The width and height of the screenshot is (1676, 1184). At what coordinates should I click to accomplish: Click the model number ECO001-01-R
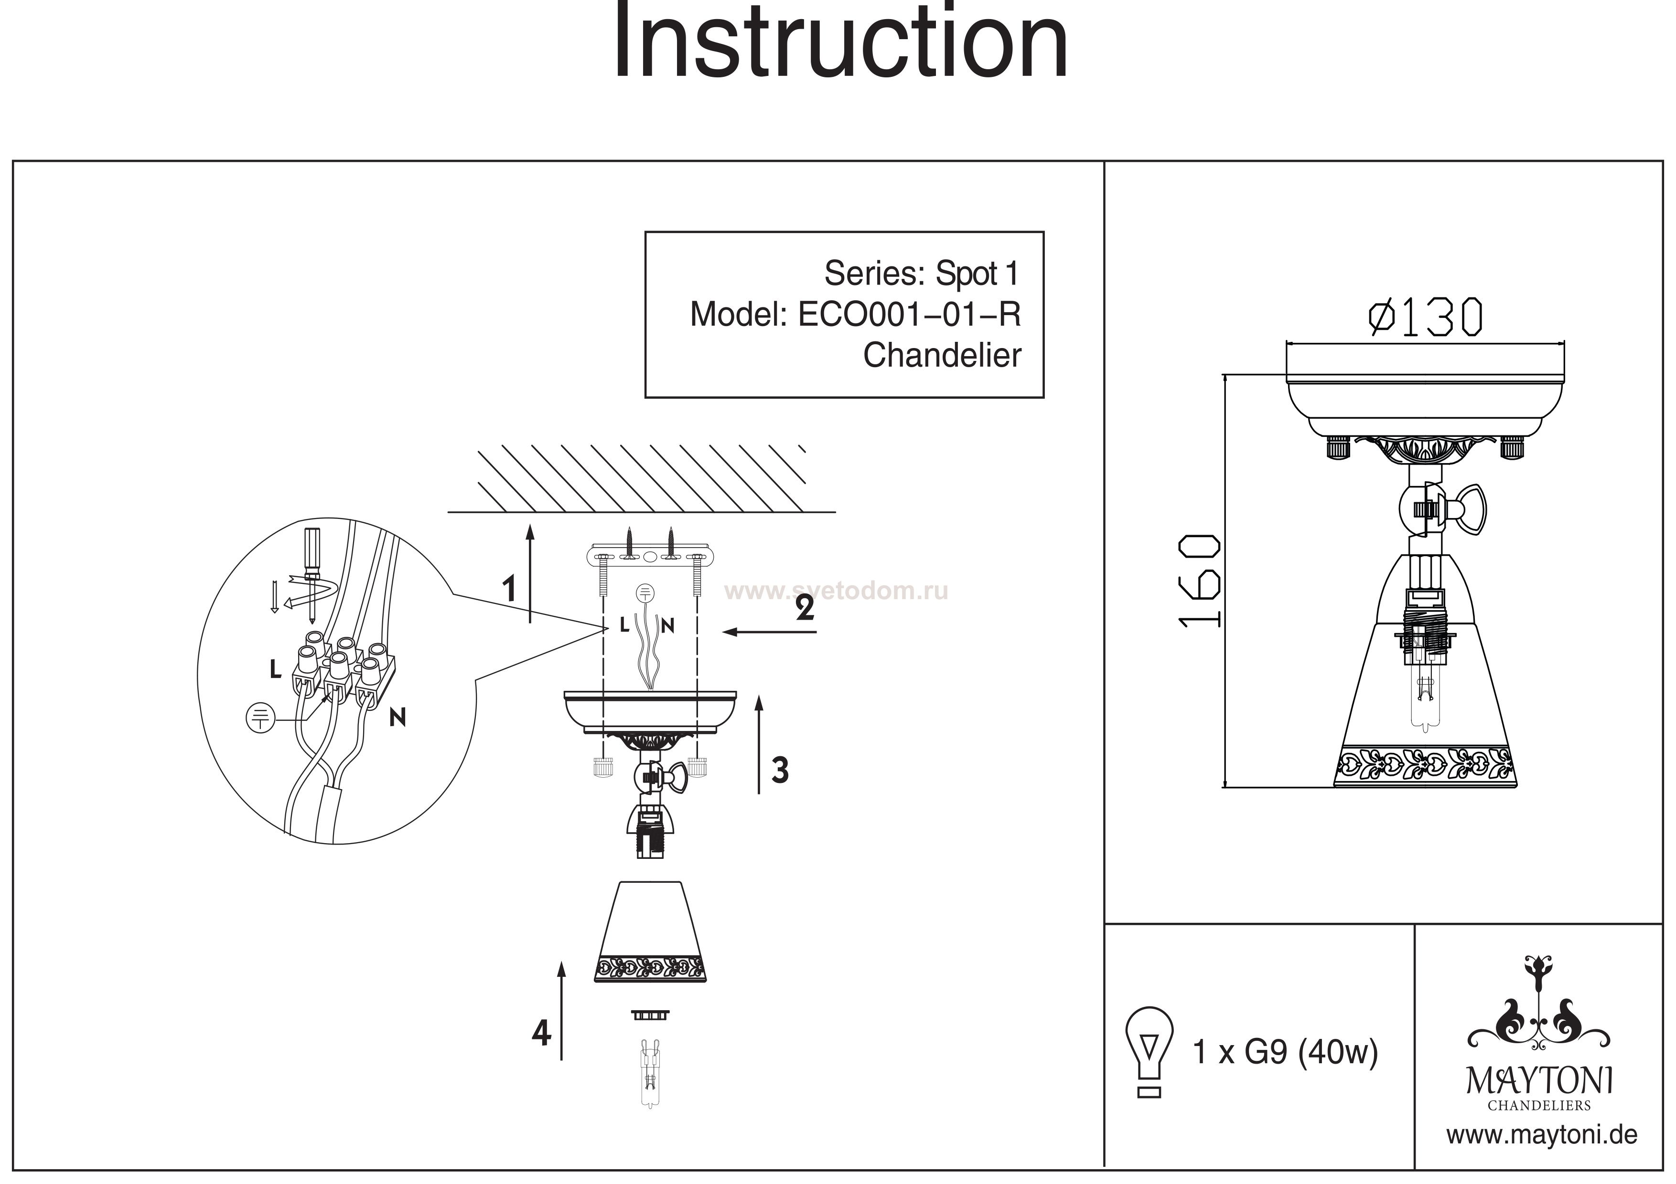coord(909,315)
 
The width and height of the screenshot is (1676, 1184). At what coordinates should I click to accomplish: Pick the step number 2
coord(805,608)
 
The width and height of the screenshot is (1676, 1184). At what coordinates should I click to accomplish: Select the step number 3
coord(780,771)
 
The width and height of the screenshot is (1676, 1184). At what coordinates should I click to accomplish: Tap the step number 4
coord(541,1033)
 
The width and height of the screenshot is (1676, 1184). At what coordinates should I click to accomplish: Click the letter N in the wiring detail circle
coord(397,718)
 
